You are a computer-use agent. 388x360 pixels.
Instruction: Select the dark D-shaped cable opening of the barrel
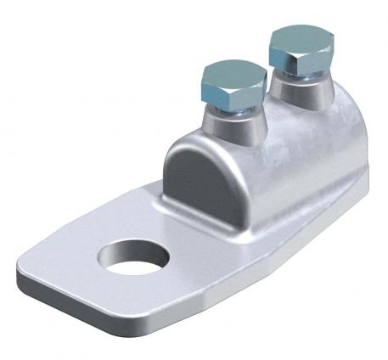click(204, 175)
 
